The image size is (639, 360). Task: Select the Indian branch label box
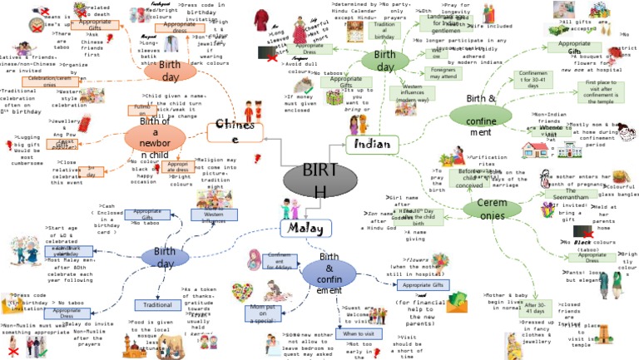coord(373,145)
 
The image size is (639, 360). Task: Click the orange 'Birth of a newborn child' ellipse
coord(156,136)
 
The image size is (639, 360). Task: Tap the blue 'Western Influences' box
coord(215,216)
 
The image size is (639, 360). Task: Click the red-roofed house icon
coord(537,149)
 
